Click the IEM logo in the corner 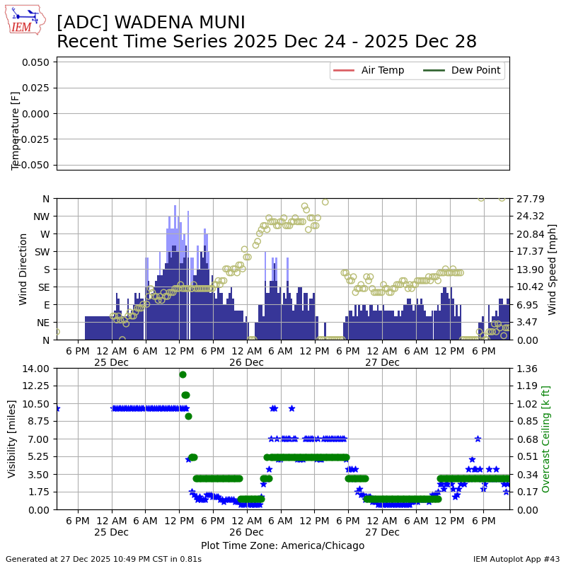[x=25, y=21]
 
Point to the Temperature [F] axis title [x=16, y=130]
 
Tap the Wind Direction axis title [x=23, y=269]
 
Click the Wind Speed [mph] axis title [x=553, y=269]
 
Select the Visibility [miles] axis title [x=13, y=439]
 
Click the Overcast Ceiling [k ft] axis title [x=545, y=439]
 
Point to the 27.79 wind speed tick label [x=529, y=199]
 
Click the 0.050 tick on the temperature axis [x=35, y=62]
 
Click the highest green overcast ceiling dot [x=183, y=374]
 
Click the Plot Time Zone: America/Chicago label [x=282, y=545]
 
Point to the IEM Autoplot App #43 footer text [x=516, y=559]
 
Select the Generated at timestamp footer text [x=103, y=559]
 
